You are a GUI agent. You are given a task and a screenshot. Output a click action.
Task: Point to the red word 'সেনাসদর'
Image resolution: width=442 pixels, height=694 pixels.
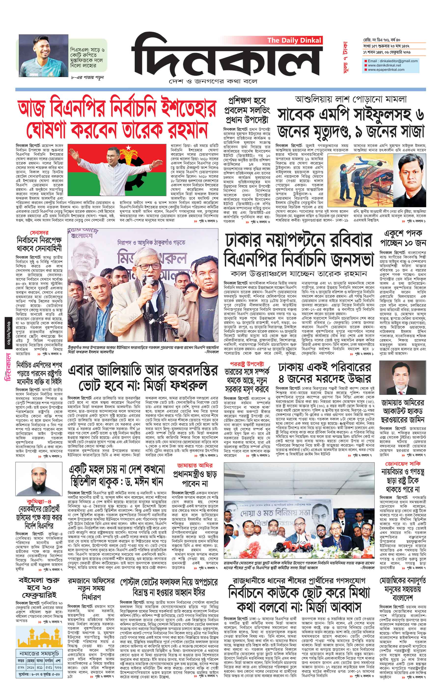39,233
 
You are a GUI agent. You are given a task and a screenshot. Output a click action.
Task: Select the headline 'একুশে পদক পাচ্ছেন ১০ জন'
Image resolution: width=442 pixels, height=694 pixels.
403,238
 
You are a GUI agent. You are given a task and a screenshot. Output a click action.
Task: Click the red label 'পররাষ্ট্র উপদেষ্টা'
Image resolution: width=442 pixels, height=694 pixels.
247,364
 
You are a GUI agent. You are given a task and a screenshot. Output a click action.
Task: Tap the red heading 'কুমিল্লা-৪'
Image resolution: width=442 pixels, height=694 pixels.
39,501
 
